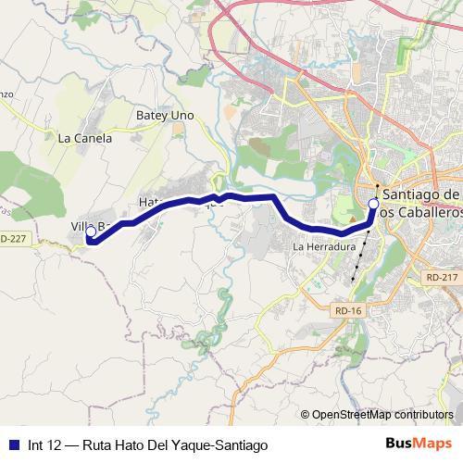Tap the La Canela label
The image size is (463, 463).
coord(84,138)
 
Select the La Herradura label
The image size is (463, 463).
coord(324,248)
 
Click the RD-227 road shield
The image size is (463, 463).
coord(13,239)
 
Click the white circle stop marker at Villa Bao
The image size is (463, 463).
coord(90,232)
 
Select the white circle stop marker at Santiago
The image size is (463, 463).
coord(373,203)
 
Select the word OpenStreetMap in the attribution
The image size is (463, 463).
coord(354,415)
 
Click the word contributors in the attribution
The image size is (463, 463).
coord(424,415)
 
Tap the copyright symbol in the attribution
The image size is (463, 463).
coord(307,415)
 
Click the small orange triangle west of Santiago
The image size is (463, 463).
coord(373,184)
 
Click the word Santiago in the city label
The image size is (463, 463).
coord(421,194)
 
